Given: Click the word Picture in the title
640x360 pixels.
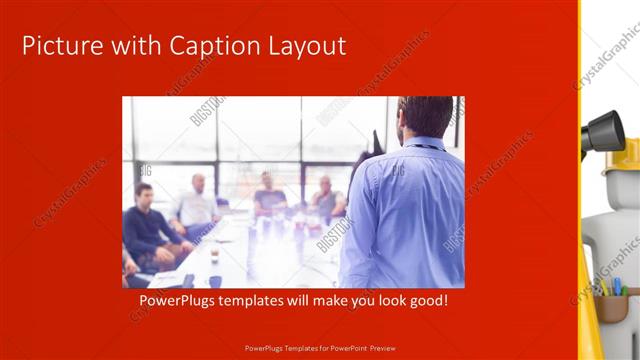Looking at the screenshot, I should (61, 46).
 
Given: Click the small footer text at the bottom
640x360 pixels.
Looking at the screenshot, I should (320, 348).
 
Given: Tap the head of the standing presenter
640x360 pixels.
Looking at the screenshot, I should (425, 116).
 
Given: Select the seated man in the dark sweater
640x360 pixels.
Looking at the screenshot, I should (148, 225).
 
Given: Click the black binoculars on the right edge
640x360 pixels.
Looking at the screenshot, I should (603, 130).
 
